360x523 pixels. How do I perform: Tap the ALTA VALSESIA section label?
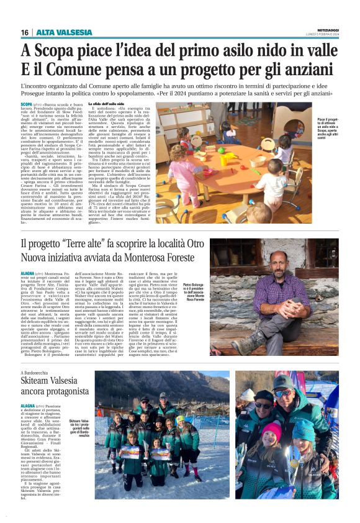tap(56, 32)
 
